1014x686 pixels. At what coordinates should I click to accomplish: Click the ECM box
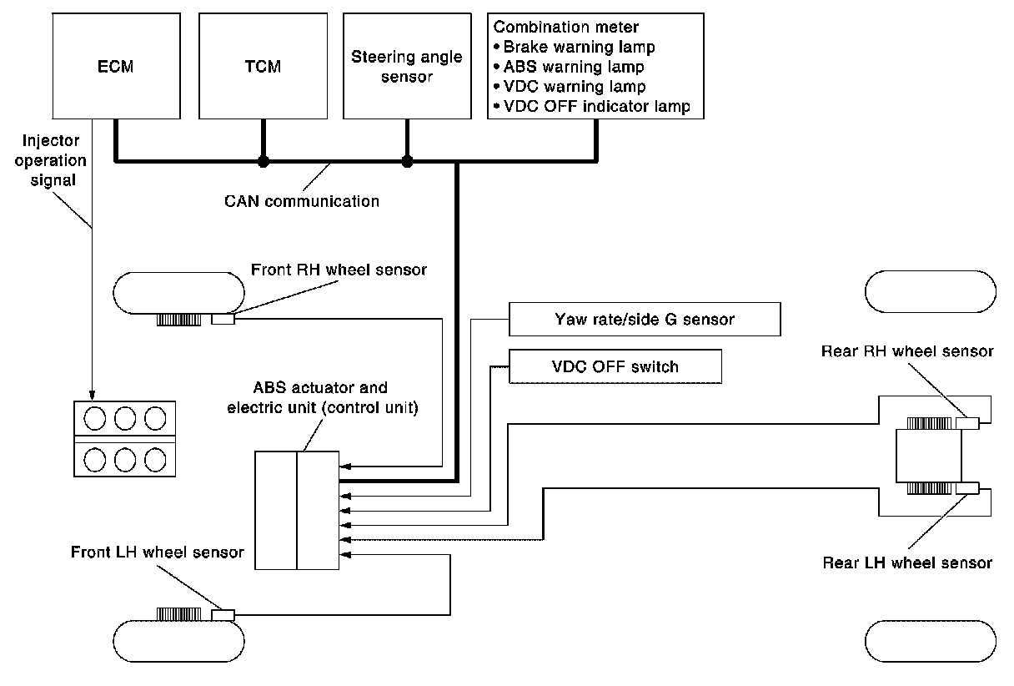coord(115,66)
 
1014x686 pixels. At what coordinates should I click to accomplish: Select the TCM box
coord(262,66)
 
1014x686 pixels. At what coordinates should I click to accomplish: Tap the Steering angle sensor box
coord(407,66)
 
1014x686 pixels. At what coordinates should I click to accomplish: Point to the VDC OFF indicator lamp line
coord(592,108)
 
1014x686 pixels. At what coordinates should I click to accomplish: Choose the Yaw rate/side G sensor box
coord(644,319)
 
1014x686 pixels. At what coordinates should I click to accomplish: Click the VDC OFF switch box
coord(615,366)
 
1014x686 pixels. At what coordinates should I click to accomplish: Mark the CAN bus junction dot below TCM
coord(263,160)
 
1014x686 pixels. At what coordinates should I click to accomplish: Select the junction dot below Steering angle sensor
coord(407,160)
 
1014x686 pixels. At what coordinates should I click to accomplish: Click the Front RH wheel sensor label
coord(339,270)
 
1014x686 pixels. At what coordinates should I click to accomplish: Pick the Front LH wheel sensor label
coord(158,552)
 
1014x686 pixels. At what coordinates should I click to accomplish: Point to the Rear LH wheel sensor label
coord(907,563)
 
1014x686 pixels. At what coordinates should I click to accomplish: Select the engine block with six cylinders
coord(126,438)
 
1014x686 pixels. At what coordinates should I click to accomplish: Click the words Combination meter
coord(566,28)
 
